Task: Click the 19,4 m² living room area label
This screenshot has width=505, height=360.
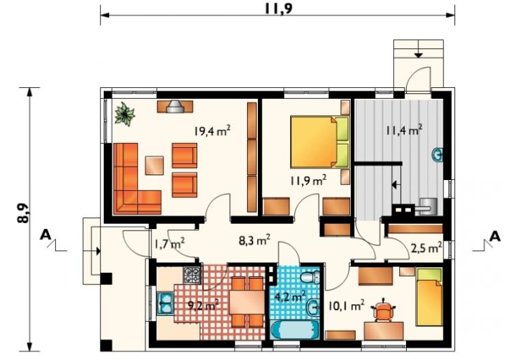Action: pyautogui.click(x=212, y=131)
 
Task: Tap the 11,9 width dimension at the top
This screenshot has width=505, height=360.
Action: pyautogui.click(x=278, y=9)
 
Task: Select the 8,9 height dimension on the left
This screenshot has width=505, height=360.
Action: pyautogui.click(x=23, y=213)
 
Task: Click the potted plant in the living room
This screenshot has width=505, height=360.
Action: pyautogui.click(x=125, y=114)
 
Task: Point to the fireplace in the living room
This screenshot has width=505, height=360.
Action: pyautogui.click(x=175, y=106)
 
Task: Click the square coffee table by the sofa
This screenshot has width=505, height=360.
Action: pyautogui.click(x=154, y=166)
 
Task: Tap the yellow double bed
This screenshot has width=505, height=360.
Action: pyautogui.click(x=319, y=142)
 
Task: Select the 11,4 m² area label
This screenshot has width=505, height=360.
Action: pyautogui.click(x=404, y=130)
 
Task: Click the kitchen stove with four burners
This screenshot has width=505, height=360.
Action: pyautogui.click(x=192, y=275)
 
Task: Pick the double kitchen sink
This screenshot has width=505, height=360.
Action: pyautogui.click(x=166, y=303)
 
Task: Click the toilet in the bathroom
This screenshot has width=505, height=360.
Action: pyautogui.click(x=310, y=276)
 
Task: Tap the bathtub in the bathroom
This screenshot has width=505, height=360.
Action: pyautogui.click(x=295, y=329)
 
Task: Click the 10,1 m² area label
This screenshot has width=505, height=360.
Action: pyautogui.click(x=346, y=305)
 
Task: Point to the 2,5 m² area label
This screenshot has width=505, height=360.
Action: pyautogui.click(x=426, y=248)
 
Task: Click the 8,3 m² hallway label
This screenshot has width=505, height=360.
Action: pyautogui.click(x=255, y=240)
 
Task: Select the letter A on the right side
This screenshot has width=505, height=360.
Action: pyautogui.click(x=495, y=236)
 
